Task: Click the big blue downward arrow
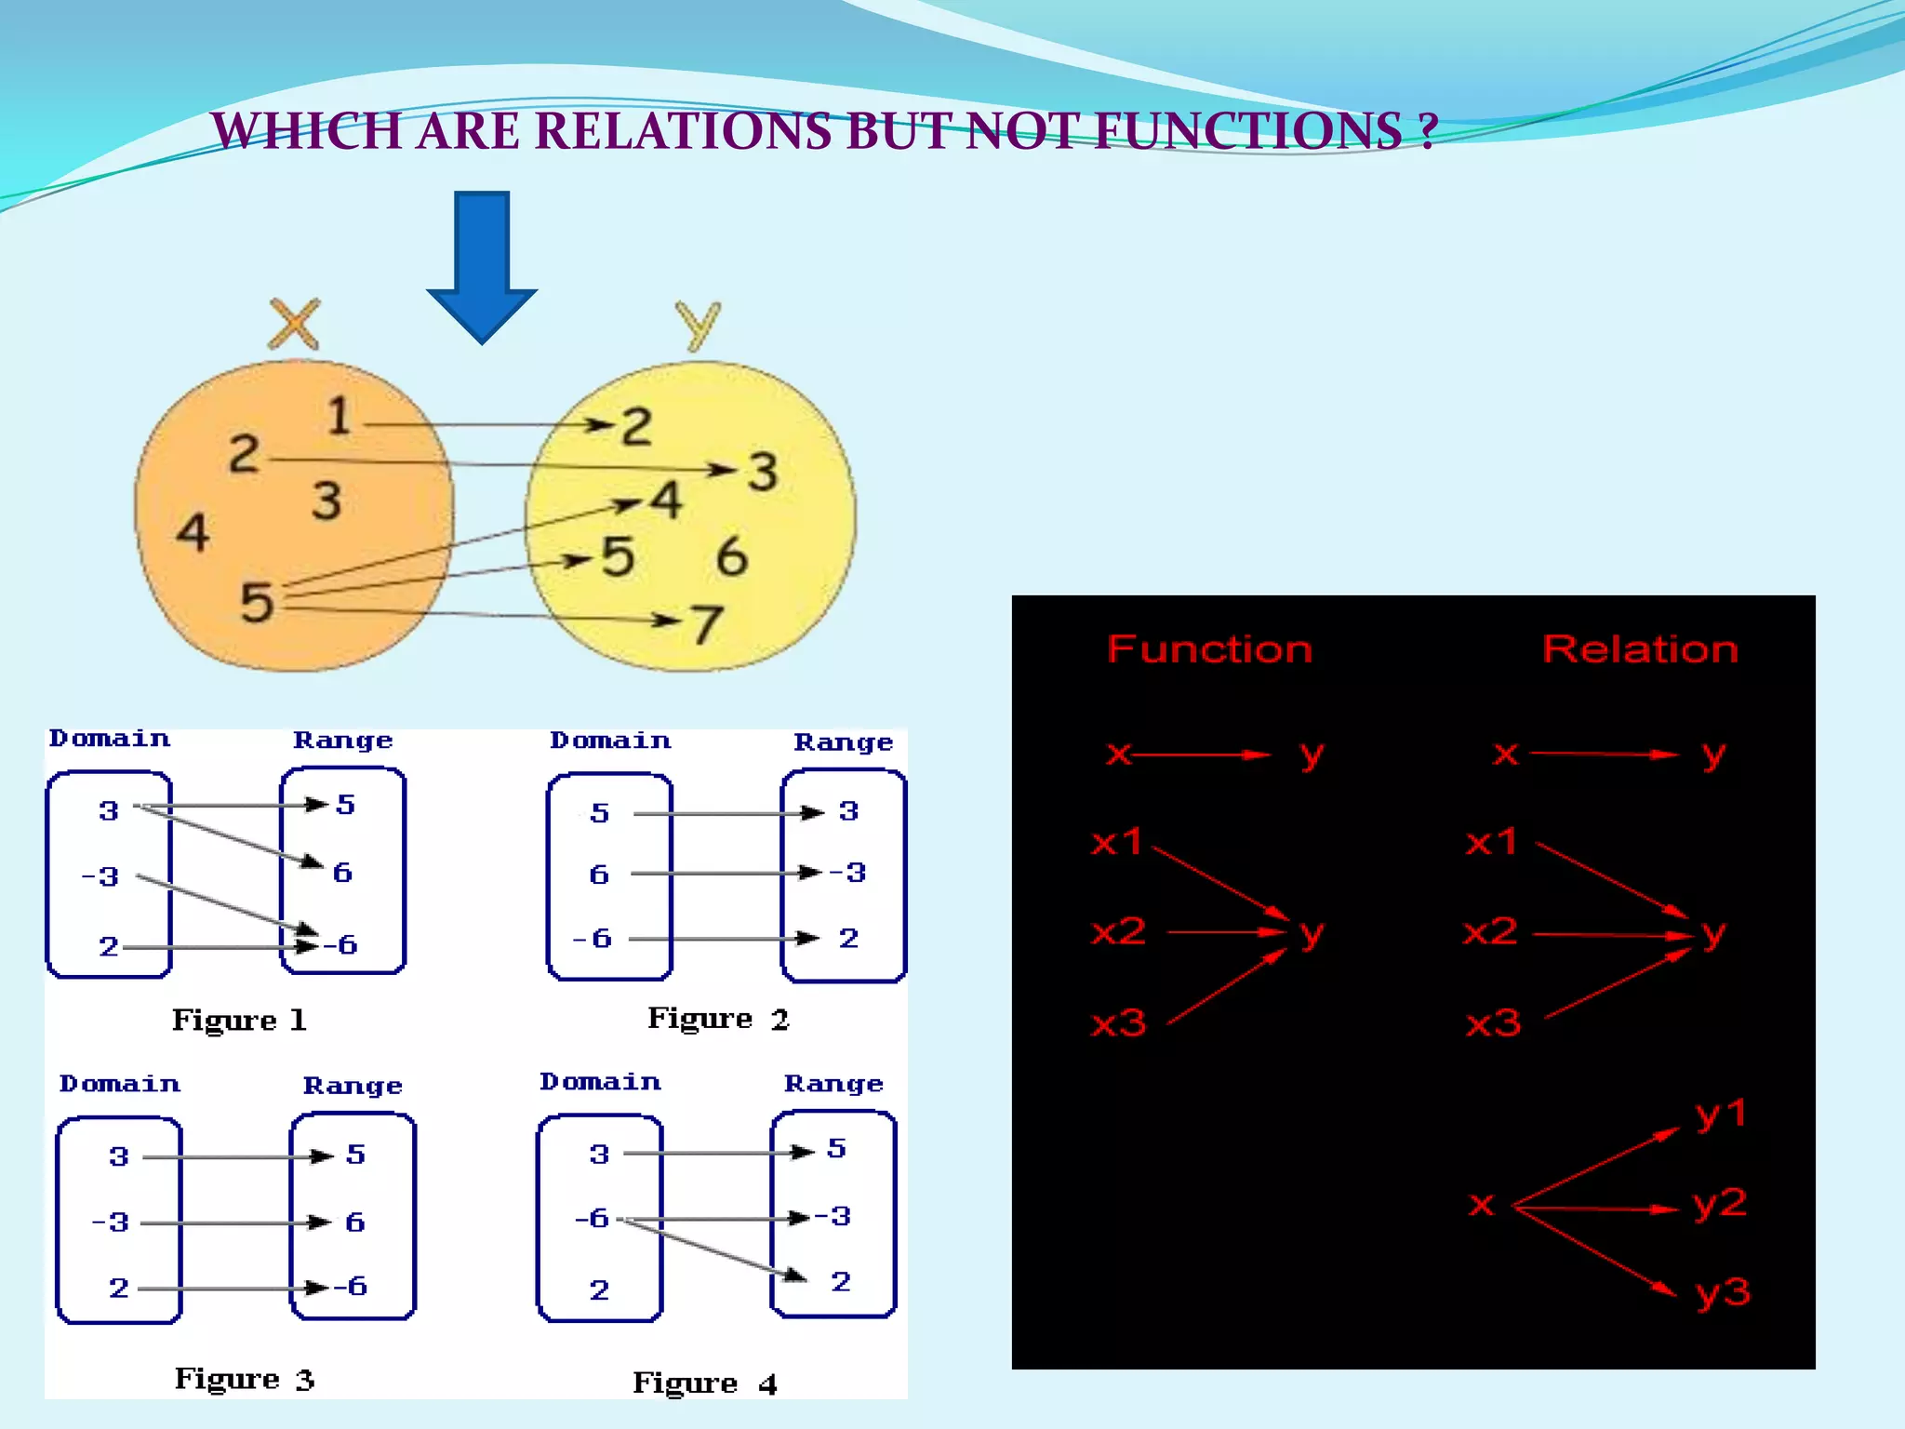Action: pyautogui.click(x=482, y=265)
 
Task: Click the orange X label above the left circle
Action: pyautogui.click(x=294, y=324)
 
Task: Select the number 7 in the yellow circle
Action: pyautogui.click(x=707, y=624)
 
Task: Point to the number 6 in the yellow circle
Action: pyautogui.click(x=732, y=556)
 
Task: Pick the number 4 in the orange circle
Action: pyautogui.click(x=193, y=533)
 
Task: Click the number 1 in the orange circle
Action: pyautogui.click(x=339, y=415)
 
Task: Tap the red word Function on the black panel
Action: pyautogui.click(x=1209, y=648)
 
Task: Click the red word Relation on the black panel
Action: pyautogui.click(x=1640, y=648)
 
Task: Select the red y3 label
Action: pyautogui.click(x=1723, y=1292)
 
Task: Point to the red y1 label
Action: pyautogui.click(x=1721, y=1114)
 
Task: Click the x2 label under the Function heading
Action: pyautogui.click(x=1118, y=931)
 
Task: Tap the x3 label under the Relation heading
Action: pyautogui.click(x=1493, y=1023)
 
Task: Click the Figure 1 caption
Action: pyautogui.click(x=239, y=1020)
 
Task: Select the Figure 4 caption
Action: pyautogui.click(x=704, y=1383)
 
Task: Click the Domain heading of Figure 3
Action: pyautogui.click(x=120, y=1084)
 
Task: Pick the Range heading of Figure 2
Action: pyautogui.click(x=843, y=741)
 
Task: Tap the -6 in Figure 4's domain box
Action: pyautogui.click(x=592, y=1218)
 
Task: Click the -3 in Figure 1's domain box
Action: pyautogui.click(x=100, y=876)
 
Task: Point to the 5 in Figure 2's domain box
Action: pyautogui.click(x=600, y=813)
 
